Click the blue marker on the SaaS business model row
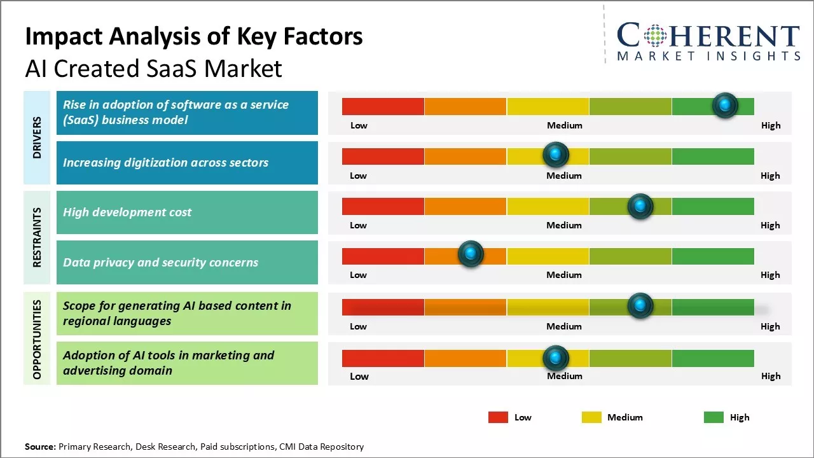click(725, 105)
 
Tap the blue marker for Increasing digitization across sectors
click(556, 155)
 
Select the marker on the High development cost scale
click(640, 206)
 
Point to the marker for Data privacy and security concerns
click(471, 254)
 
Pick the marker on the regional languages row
click(640, 306)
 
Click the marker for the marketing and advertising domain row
click(556, 358)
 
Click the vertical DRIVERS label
click(37, 137)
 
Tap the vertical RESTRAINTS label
click(37, 237)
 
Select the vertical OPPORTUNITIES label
click(37, 339)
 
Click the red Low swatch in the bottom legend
click(498, 417)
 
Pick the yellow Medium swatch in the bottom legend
click(591, 417)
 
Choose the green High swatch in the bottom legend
click(714, 417)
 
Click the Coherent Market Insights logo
click(708, 41)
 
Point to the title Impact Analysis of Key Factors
click(194, 37)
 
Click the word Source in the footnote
click(40, 447)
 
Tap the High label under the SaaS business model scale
click(771, 125)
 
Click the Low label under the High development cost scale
click(358, 225)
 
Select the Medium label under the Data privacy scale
click(564, 275)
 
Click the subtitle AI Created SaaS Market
click(153, 69)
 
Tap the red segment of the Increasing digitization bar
click(383, 156)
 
